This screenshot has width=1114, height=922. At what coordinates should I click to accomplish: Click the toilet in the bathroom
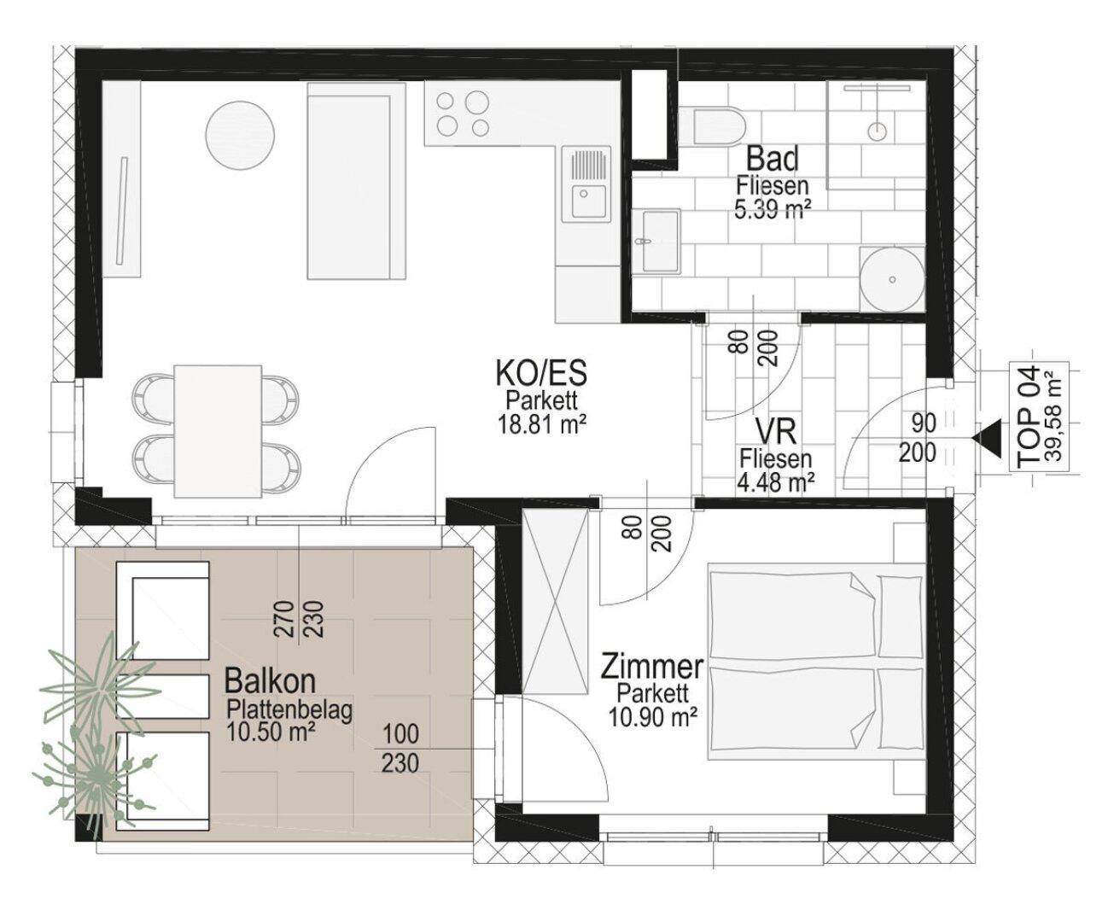pyautogui.click(x=712, y=127)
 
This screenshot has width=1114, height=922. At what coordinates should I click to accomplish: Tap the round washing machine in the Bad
pyautogui.click(x=891, y=279)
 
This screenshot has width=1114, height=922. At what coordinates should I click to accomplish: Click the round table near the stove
pyautogui.click(x=240, y=135)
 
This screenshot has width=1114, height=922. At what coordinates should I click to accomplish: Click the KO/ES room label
pyautogui.click(x=541, y=372)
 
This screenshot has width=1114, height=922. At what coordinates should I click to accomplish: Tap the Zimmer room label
pyautogui.click(x=652, y=668)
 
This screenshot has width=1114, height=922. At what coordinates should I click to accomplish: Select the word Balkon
pyautogui.click(x=270, y=681)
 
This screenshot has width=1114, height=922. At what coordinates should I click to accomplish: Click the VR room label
pyautogui.click(x=775, y=432)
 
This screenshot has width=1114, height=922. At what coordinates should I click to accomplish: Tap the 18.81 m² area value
pyautogui.click(x=542, y=426)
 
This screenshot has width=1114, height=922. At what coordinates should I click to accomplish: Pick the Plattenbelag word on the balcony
pyautogui.click(x=289, y=710)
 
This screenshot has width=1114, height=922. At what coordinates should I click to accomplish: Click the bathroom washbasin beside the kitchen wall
pyautogui.click(x=656, y=242)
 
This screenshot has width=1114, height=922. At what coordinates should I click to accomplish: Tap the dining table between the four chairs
pyautogui.click(x=218, y=431)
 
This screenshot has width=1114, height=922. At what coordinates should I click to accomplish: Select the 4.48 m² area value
pyautogui.click(x=775, y=483)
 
